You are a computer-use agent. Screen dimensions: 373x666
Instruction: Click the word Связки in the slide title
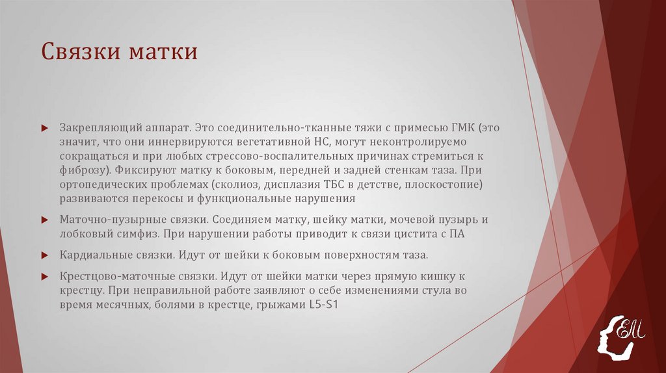78,52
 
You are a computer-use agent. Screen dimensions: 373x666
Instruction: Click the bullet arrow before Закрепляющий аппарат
44,127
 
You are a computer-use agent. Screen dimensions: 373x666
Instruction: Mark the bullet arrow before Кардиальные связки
44,255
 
